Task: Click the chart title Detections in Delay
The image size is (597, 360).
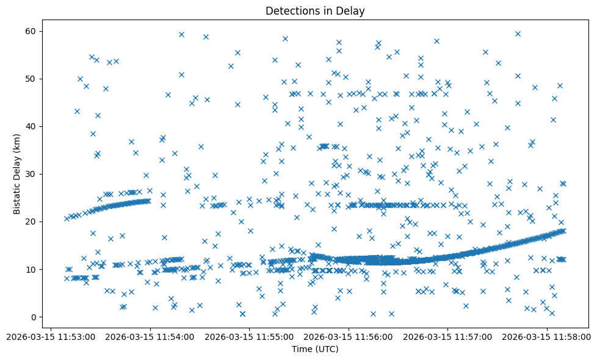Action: (x=315, y=11)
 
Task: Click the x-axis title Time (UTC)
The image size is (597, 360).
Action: (x=315, y=350)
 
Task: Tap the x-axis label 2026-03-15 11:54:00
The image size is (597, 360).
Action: (x=150, y=336)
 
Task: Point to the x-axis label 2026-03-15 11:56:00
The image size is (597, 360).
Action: (x=349, y=336)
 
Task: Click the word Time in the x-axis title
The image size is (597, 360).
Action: (x=301, y=350)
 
